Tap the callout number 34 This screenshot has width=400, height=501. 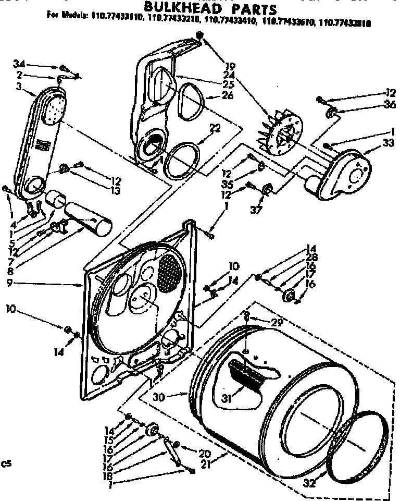point(19,64)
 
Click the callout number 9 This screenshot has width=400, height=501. point(10,284)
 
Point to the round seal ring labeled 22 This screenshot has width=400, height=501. point(180,160)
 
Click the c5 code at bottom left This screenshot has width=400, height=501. point(7,462)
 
